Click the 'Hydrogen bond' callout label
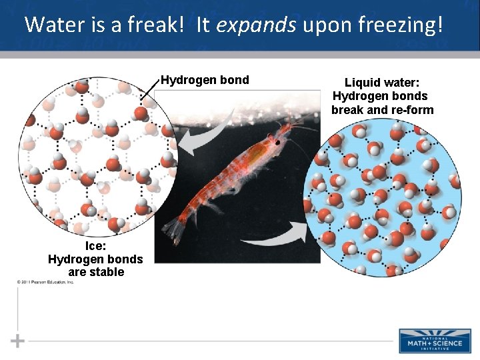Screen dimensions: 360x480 point(205,80)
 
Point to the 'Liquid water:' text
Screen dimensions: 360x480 point(382,83)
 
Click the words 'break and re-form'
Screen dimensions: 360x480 point(382,109)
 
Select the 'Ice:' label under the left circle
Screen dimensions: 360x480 point(96,245)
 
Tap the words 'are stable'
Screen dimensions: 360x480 point(96,272)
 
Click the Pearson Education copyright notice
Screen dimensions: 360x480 point(45,282)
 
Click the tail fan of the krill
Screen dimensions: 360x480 point(175,229)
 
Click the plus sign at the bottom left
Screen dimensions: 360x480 point(18,341)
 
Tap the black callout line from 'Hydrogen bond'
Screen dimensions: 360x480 point(150,90)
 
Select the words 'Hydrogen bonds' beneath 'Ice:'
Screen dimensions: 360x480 point(95,259)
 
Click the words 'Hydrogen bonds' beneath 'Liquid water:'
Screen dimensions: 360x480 point(380,96)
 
